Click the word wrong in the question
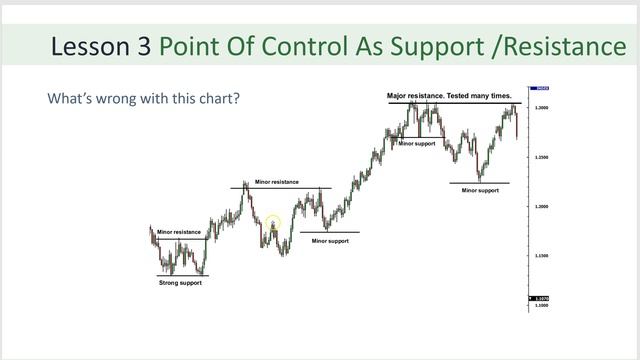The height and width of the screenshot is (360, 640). [109, 100]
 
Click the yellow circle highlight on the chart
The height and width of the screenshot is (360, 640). [272, 225]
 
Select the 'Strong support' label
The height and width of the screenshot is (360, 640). [181, 283]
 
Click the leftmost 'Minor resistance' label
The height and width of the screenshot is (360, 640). [179, 232]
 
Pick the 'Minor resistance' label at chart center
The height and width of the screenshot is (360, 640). [276, 182]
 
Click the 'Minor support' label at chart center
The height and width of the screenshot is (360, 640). [331, 241]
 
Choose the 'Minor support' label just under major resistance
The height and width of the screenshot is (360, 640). [418, 144]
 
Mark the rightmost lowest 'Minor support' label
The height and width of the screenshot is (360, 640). [480, 190]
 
